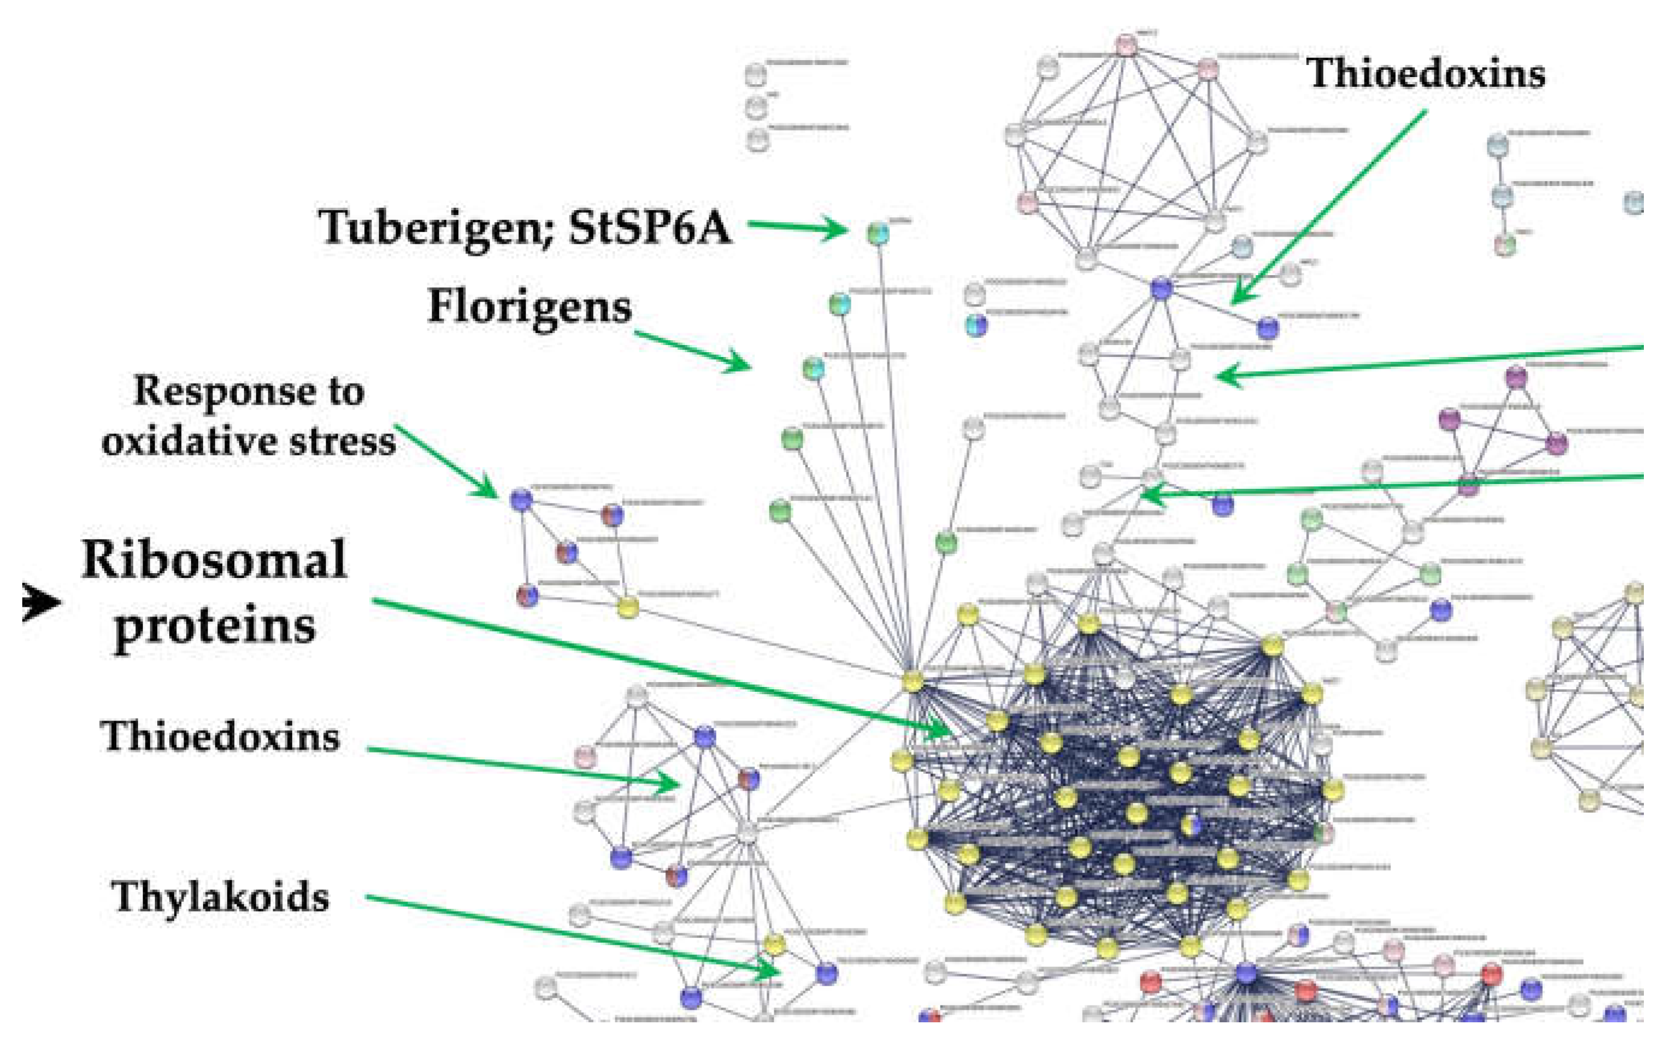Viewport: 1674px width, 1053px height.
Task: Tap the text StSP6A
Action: (x=650, y=228)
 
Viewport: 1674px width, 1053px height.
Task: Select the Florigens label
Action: (x=530, y=306)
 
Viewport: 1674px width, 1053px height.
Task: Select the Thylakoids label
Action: (x=220, y=896)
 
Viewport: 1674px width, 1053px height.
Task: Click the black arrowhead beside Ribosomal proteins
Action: (x=42, y=602)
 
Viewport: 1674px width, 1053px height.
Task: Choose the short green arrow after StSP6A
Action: (x=797, y=226)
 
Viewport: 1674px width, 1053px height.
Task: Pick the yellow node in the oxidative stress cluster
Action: (x=627, y=607)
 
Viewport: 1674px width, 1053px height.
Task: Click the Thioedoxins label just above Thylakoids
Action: (x=220, y=737)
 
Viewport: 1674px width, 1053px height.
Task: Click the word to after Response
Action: (x=346, y=391)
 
